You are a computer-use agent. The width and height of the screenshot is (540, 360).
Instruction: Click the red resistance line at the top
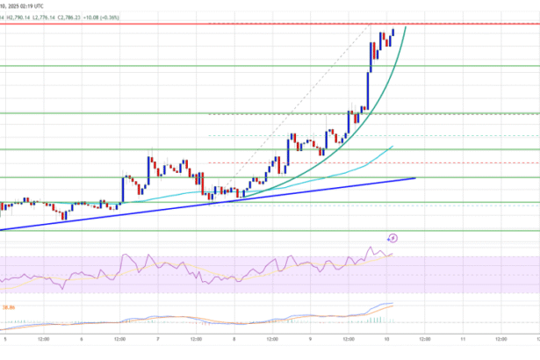[x=263, y=24]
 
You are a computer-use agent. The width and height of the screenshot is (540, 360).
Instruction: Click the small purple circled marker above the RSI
[x=393, y=237]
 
